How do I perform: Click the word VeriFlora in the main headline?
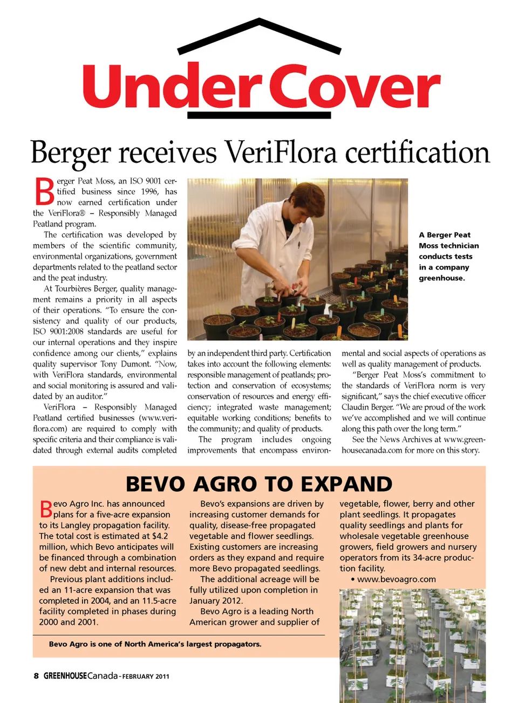coord(282,152)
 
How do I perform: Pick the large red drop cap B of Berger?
coord(44,191)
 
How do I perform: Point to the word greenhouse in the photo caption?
coord(441,278)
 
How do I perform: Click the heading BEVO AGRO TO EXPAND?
coord(259,484)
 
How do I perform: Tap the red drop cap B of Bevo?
coord(46,508)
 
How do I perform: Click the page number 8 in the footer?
coord(36,676)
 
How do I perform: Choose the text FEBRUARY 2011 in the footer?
coord(146,677)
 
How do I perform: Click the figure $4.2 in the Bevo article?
coord(160,536)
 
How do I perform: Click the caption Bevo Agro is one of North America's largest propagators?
coord(155,644)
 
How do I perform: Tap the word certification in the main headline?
coord(417,152)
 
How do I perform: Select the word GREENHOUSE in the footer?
coord(65,676)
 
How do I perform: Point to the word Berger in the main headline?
coord(70,152)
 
